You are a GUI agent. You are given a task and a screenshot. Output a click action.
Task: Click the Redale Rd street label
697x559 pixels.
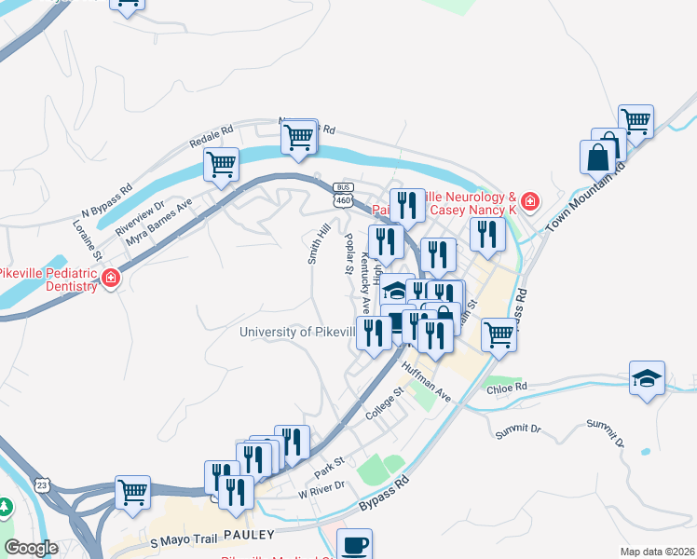(x=210, y=136)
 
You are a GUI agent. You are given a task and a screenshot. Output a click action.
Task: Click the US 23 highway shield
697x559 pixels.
(x=40, y=484)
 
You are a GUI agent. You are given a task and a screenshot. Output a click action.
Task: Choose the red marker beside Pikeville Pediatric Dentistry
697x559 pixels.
(x=110, y=278)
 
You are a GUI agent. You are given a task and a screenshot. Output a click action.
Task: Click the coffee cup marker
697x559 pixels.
(x=353, y=545)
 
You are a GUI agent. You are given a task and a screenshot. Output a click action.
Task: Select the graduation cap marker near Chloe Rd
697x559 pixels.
(x=647, y=378)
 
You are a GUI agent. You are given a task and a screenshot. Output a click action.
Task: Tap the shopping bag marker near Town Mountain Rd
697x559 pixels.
(x=597, y=157)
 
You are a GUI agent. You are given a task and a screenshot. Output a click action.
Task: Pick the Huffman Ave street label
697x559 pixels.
(x=426, y=381)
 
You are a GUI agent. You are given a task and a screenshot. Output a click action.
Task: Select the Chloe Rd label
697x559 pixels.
(x=507, y=387)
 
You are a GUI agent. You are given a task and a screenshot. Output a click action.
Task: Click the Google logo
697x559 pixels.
(x=32, y=548)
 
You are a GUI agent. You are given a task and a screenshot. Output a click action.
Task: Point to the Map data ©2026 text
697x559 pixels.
(x=657, y=551)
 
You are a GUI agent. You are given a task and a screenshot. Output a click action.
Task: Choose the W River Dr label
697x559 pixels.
(x=321, y=488)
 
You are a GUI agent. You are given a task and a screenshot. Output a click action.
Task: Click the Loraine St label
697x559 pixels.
(x=88, y=243)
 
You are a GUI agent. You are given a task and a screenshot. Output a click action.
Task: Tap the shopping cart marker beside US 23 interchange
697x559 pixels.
(x=133, y=490)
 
